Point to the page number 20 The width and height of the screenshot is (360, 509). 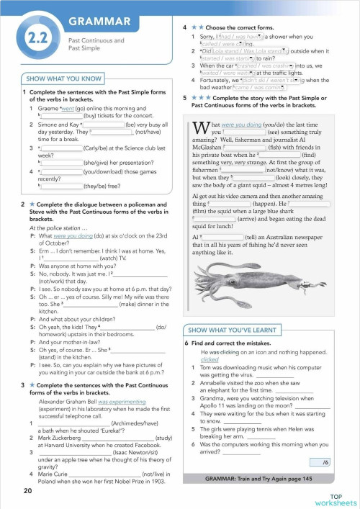coord(27,491)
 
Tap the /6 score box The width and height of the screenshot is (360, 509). coord(325,461)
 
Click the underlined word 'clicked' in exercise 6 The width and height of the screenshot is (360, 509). coord(210,359)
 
